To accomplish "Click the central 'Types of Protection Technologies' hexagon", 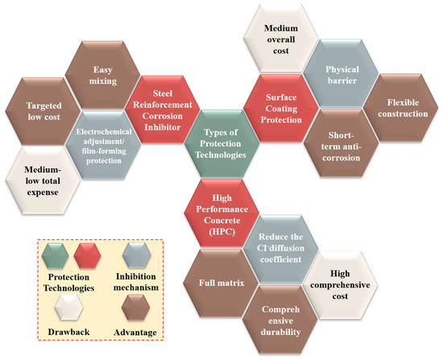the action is click(221, 143).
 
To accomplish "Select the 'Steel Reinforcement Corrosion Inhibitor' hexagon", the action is click(163, 110).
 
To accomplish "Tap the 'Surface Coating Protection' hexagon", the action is click(281, 108).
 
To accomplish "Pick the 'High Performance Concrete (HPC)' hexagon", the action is click(221, 213).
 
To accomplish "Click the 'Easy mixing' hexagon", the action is click(103, 75).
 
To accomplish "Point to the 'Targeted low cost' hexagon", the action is click(43, 111).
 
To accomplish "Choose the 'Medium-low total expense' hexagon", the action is click(43, 180).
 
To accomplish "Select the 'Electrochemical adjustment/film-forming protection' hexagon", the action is click(103, 145).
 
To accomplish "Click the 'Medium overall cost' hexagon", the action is click(281, 39).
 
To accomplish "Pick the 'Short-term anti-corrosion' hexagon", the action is click(341, 143).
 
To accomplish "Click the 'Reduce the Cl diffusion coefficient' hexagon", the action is click(281, 249).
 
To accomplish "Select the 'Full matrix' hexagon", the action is click(221, 283).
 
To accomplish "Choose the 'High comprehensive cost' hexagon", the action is click(340, 285).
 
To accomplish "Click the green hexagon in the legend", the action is click(55, 255).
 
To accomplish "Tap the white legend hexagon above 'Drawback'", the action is click(68, 308).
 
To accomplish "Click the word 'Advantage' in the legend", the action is click(135, 333).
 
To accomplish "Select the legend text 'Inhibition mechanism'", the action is click(136, 282).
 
